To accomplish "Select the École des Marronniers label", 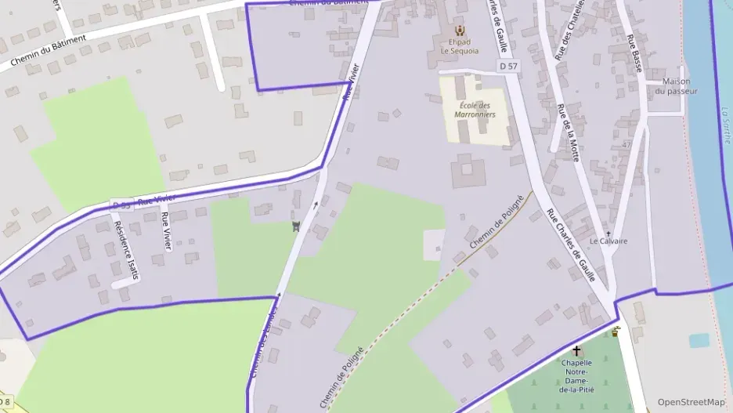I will [x=475, y=110].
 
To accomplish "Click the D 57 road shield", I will [x=508, y=67].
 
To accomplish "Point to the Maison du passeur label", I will [x=676, y=86].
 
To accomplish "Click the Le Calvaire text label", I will [x=608, y=241].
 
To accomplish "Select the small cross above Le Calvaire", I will [x=608, y=233].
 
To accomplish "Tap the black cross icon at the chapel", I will [x=577, y=352].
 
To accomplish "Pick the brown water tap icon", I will [x=616, y=331].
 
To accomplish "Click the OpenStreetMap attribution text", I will [x=691, y=402].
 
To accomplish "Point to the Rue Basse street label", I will [x=635, y=53].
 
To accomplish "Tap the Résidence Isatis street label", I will [x=125, y=249].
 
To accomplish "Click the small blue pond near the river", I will [x=699, y=341].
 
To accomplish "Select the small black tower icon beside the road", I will [x=295, y=227].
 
